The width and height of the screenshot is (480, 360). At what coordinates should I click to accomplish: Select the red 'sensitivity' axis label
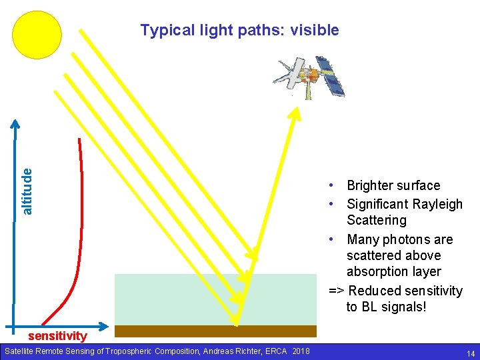pos(57,336)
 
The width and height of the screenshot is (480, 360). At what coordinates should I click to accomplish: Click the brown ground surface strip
pos(215,331)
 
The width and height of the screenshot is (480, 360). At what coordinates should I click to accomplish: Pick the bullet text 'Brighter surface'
pos(393,185)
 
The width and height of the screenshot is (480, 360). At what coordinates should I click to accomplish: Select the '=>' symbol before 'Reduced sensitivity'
pos(337,291)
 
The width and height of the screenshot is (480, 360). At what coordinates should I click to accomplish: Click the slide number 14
pos(471,353)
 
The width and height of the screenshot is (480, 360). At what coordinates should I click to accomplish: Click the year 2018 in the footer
pos(300,351)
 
